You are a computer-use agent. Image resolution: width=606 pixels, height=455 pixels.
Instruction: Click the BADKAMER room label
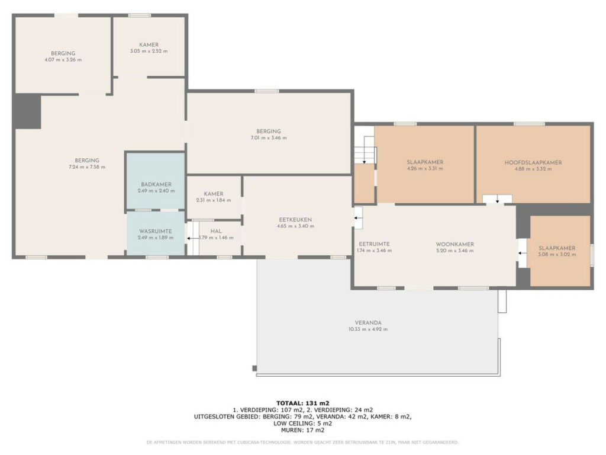(x=156, y=185)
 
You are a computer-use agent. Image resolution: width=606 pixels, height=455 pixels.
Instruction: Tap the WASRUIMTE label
(x=156, y=232)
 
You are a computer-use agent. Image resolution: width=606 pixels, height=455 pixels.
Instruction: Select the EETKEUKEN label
(x=295, y=220)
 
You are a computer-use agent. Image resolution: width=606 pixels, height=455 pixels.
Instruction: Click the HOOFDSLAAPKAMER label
(x=533, y=162)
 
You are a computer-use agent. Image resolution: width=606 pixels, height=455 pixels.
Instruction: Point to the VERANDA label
(x=368, y=323)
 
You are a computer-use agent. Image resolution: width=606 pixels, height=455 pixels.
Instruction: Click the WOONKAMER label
(x=455, y=244)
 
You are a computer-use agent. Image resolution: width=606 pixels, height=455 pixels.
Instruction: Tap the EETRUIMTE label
(x=374, y=244)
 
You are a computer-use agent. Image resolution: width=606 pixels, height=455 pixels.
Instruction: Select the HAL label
(x=216, y=232)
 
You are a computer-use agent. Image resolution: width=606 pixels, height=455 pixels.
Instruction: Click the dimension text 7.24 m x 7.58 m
(x=87, y=167)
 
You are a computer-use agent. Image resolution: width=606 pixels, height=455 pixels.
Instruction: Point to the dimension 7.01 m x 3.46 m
(x=269, y=137)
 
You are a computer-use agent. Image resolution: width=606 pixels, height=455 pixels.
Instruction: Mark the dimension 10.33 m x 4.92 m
(x=368, y=329)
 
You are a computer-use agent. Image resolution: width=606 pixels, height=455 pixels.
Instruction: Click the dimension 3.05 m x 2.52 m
(x=149, y=51)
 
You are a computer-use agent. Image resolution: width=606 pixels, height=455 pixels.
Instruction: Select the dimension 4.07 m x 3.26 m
(x=63, y=60)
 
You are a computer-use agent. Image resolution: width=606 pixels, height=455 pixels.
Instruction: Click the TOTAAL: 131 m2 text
(x=302, y=403)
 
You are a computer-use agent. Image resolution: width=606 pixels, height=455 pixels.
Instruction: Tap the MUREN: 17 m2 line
(x=302, y=430)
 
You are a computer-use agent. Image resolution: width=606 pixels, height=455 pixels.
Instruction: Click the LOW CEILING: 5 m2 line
(x=302, y=423)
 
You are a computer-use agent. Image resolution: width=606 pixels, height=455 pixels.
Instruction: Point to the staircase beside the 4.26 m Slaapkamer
(x=365, y=150)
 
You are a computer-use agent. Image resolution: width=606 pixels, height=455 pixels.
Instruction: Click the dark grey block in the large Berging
(x=28, y=111)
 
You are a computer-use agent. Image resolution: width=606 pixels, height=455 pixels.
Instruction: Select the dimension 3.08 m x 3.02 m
(x=557, y=255)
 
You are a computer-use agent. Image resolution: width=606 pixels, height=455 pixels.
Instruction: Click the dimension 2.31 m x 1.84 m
(x=213, y=200)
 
